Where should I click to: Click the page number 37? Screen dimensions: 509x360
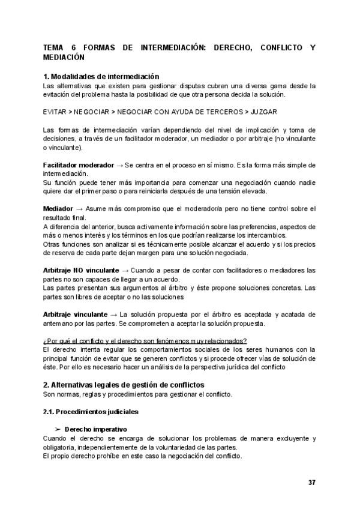[311, 483]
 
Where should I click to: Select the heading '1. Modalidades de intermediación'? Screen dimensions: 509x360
[101, 77]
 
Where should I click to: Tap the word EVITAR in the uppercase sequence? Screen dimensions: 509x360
[56, 112]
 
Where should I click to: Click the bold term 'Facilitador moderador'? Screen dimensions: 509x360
[79, 165]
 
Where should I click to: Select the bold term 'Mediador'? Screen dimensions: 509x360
[58, 208]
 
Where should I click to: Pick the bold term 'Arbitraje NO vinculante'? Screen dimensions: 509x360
[81, 271]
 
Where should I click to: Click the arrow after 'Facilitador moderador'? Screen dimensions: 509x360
[119, 165]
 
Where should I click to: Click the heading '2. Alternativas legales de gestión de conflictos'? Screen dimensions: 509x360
[124, 385]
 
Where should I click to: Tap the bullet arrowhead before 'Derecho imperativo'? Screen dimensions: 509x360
[58, 430]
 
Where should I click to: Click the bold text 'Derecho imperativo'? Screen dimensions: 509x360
[96, 430]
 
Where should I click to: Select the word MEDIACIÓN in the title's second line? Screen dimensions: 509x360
[64, 58]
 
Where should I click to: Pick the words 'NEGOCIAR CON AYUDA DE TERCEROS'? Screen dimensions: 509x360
[179, 112]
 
